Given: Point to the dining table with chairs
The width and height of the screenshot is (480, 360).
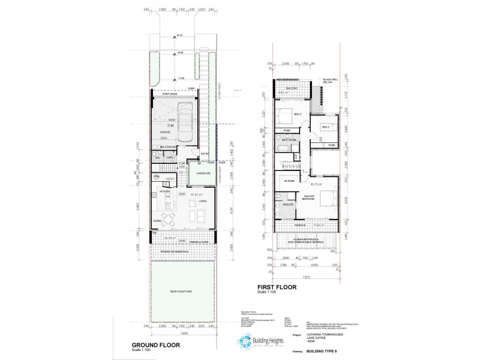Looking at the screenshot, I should tap(169, 218).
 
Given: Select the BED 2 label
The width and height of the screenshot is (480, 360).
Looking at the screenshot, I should tap(326, 127).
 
